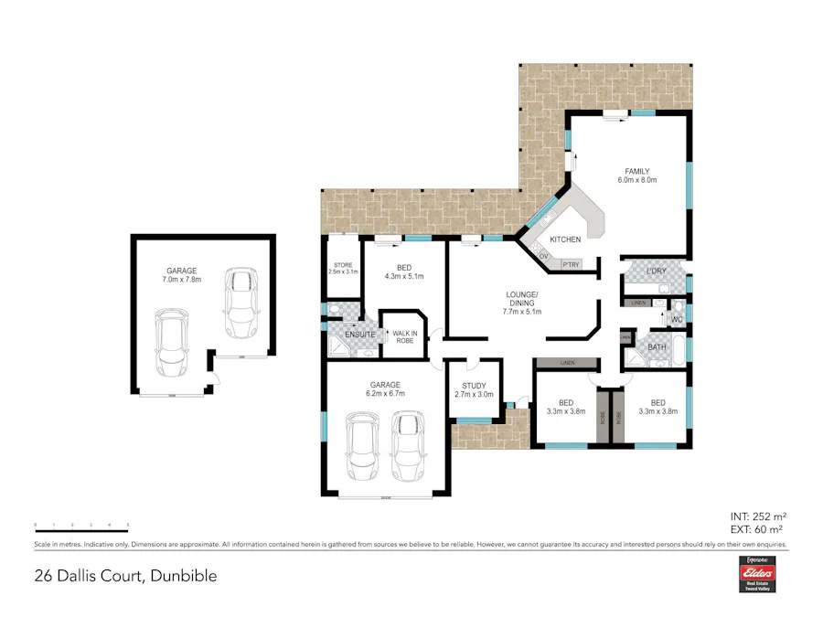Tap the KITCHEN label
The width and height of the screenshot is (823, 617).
(x=565, y=239)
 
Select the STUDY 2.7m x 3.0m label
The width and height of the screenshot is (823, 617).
(x=474, y=390)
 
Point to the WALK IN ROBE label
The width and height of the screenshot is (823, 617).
(x=405, y=335)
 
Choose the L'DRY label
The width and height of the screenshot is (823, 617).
(x=656, y=271)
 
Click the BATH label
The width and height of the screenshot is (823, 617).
(x=657, y=347)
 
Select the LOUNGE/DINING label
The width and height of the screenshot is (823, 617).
(x=523, y=303)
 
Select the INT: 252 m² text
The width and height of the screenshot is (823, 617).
(x=758, y=516)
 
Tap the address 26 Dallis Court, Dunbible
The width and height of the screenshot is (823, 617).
(x=126, y=577)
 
